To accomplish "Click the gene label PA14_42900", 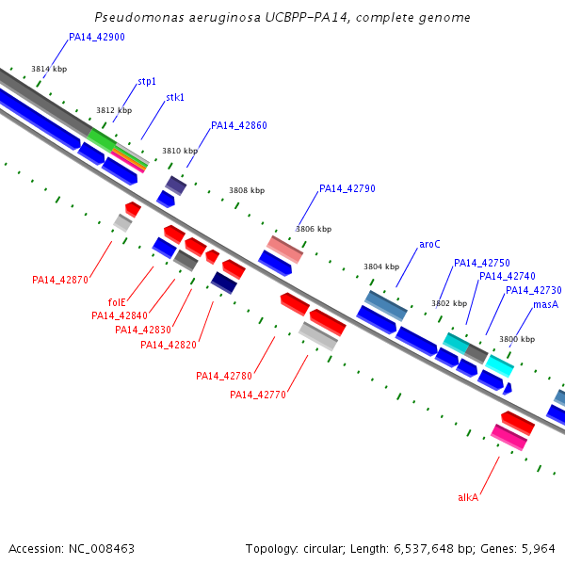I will coord(97,38).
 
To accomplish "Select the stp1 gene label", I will coord(147,82).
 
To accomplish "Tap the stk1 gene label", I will coord(175,98).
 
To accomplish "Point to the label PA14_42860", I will coord(239,125).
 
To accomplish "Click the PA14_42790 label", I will coord(347,189).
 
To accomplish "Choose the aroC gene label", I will coord(429,245).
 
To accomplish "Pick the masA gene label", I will coord(546,305).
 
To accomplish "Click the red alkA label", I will coord(468,497).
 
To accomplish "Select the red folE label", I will coord(117,302).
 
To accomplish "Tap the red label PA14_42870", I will coord(60,280).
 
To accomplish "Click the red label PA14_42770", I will coord(258,395).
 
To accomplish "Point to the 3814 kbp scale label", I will coord(49,70).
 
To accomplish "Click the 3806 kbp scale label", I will coord(314,229).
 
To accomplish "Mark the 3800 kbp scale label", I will coord(517,339).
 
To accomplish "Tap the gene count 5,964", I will coord(537,548).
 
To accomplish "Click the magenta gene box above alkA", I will coord(509,437).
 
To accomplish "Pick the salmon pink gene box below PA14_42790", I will coord(284,250).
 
